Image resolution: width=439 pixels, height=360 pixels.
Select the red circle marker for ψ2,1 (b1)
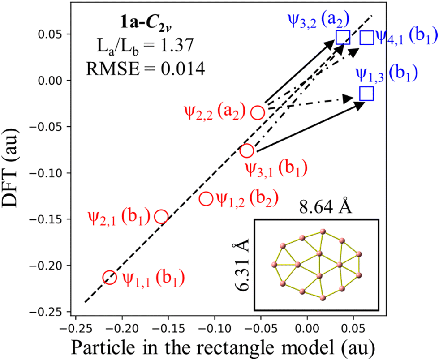coord(161,217)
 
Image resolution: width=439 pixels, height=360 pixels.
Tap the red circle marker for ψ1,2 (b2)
coord(206,198)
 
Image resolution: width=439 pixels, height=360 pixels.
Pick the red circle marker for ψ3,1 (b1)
coord(247,151)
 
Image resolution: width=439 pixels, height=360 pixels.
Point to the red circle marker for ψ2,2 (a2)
coord(258,112)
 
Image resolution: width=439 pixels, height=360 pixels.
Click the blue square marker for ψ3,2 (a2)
coord(343,38)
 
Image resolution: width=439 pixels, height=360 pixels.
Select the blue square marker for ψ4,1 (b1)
coord(367,38)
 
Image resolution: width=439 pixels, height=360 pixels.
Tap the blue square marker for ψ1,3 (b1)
coord(366,93)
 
